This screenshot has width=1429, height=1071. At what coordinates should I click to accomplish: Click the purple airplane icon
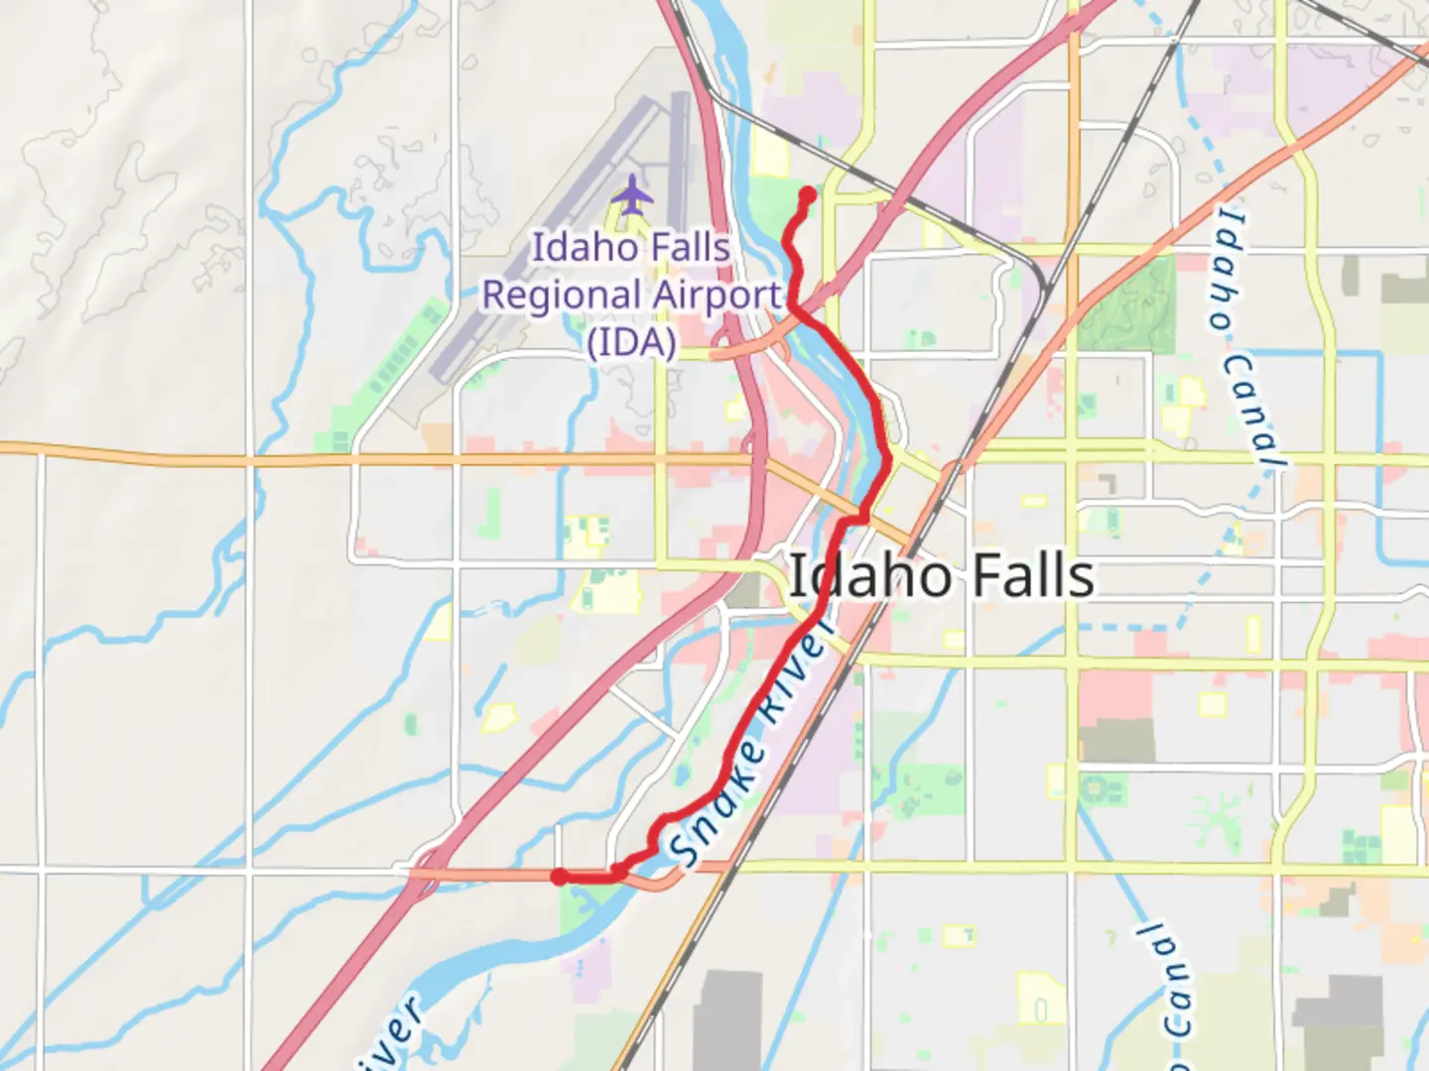click(632, 194)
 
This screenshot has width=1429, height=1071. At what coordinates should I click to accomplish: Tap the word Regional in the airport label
click(561, 296)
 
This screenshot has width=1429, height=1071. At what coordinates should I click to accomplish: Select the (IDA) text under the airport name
click(632, 342)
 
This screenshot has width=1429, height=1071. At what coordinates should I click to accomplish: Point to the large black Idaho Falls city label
click(940, 576)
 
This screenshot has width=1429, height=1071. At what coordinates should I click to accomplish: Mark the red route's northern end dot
click(808, 195)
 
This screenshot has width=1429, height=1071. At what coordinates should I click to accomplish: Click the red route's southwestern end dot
click(560, 877)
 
